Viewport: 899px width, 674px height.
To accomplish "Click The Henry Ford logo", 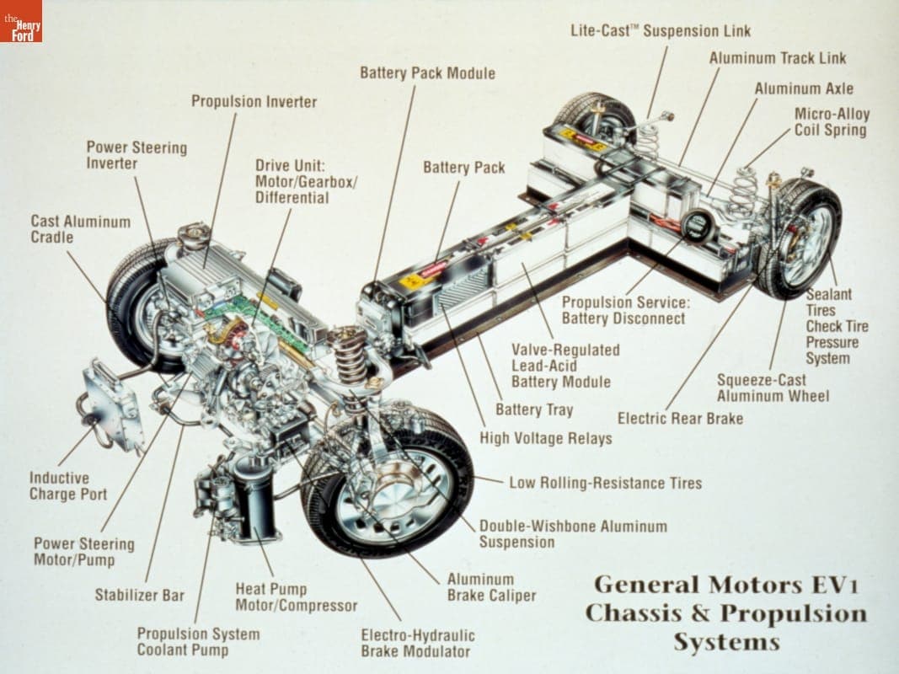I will coord(21,21).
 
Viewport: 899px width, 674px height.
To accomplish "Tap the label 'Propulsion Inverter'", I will coord(254,102).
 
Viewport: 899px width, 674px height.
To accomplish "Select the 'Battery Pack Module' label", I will coord(427,73).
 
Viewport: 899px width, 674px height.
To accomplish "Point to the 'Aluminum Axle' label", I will coord(803,88).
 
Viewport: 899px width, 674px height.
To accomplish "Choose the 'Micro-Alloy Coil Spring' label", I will coord(831,122).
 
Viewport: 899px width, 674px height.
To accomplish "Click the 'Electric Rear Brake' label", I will coord(680,418).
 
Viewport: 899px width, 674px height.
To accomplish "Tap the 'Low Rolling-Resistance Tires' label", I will coord(605,483).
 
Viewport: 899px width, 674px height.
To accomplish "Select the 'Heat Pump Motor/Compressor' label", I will coord(296,597).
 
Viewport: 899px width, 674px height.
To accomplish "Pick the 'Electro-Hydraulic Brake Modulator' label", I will coord(417,643).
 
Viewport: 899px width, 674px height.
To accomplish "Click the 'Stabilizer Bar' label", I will coord(139,595).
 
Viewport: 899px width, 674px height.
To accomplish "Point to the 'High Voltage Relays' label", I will coord(545,438).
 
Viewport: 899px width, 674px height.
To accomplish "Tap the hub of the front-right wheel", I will coord(393,489).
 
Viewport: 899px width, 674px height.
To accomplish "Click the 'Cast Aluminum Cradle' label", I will coord(80,229).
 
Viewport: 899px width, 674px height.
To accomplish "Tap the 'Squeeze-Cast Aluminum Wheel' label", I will coord(773,388).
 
